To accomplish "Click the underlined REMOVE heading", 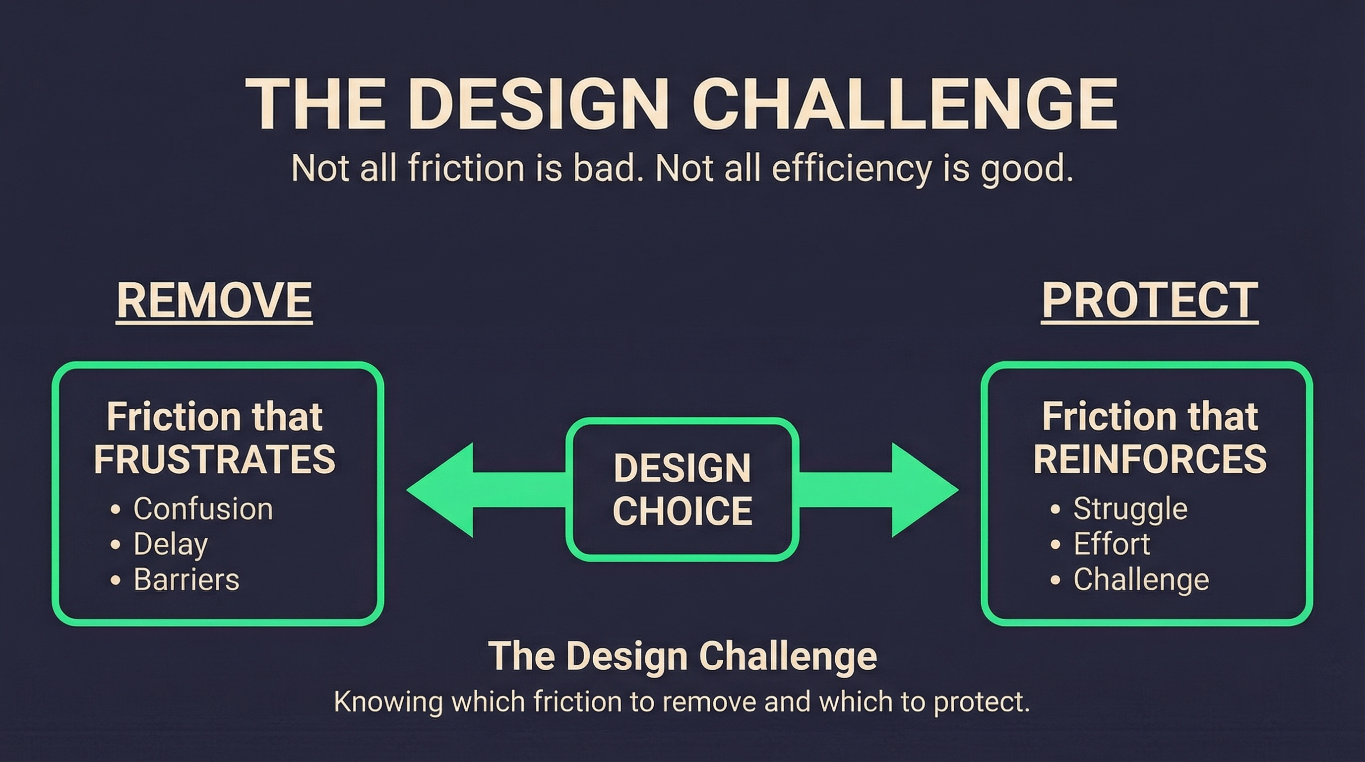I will tap(214, 300).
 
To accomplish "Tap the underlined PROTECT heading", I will tap(1150, 300).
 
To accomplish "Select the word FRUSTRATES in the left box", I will tap(215, 459).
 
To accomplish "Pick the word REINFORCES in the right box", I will tap(1150, 459).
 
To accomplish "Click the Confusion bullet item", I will tap(202, 508).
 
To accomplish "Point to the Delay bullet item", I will tap(170, 544).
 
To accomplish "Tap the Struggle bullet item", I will tap(1130, 508).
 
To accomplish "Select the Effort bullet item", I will tap(1112, 544).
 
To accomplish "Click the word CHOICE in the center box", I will tap(682, 511).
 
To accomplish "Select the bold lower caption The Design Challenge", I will tap(682, 656).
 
